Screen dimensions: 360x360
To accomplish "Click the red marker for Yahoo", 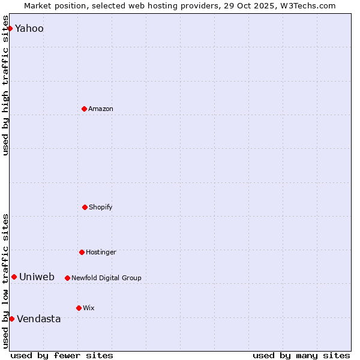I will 10,28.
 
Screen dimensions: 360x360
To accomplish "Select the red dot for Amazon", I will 84,109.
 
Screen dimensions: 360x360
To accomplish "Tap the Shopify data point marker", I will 85,207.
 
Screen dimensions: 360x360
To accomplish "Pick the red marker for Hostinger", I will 82,252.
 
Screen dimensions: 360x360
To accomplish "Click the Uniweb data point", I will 14,277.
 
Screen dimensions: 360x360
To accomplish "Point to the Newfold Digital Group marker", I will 67,278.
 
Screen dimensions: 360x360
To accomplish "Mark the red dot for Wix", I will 79,308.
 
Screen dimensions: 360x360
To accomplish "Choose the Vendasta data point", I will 11,319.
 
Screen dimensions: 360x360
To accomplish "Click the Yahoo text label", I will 29,28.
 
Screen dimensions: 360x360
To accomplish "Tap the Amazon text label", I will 101,109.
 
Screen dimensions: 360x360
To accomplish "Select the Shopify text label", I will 101,207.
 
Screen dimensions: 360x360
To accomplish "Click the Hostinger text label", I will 101,252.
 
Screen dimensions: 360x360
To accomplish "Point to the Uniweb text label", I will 37,277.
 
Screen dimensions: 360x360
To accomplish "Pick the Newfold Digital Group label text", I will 106,278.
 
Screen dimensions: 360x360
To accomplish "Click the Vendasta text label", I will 39,319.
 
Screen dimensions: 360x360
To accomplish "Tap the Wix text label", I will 89,308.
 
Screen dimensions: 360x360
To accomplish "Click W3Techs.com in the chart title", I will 307,6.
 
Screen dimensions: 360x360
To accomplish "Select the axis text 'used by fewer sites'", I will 62,355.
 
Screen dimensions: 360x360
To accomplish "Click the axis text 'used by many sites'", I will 301,355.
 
